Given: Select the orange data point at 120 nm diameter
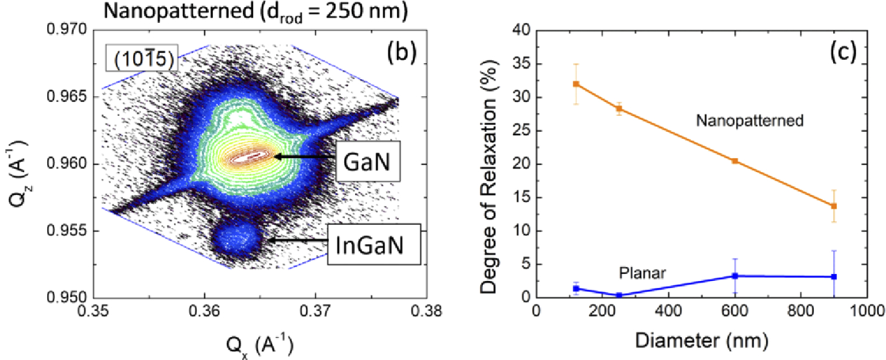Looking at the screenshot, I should point(576,84).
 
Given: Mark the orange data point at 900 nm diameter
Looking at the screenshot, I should point(834,206).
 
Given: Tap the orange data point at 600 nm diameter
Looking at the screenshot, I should point(734,161).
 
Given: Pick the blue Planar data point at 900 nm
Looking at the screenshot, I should point(834,277).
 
